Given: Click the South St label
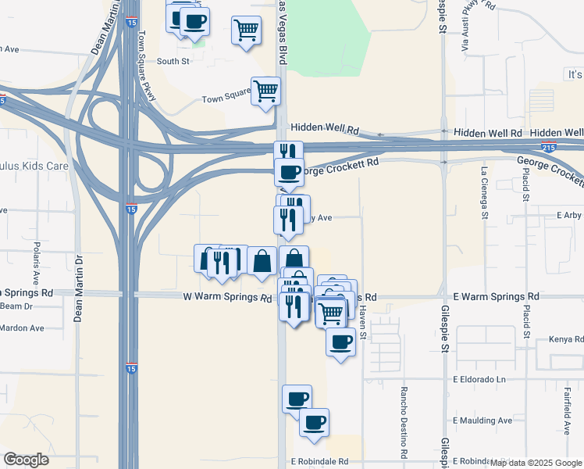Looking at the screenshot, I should click(x=173, y=61).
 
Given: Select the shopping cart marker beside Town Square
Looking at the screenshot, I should click(x=265, y=91).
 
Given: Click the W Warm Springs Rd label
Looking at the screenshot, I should click(x=227, y=298).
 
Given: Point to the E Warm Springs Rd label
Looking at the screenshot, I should click(x=496, y=297).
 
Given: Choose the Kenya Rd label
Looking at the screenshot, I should click(x=567, y=339).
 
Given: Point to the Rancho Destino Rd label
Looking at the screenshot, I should click(x=404, y=421).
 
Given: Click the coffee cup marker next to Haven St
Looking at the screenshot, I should click(x=340, y=342).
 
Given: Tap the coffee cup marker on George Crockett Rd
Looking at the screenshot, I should click(x=289, y=172).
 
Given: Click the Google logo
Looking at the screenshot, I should click(x=26, y=460).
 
